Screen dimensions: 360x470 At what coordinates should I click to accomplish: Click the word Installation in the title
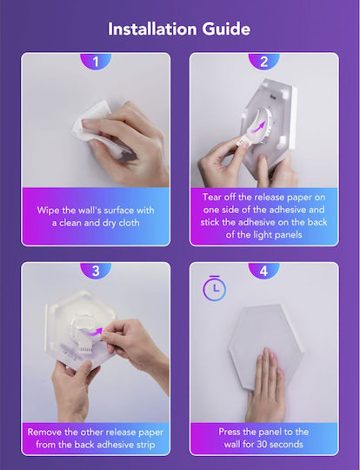click(152, 29)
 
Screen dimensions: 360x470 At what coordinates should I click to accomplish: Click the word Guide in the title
click(226, 29)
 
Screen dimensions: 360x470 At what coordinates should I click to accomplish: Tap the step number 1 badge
click(96, 61)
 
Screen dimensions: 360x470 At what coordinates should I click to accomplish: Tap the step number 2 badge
click(263, 61)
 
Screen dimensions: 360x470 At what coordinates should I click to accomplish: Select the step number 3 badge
click(96, 271)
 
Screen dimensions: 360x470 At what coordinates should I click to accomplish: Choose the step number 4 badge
click(263, 271)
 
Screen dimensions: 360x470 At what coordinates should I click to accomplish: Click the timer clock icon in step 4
click(215, 288)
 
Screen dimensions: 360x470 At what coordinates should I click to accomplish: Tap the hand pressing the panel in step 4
click(266, 386)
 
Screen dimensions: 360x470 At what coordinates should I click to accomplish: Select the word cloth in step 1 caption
click(129, 223)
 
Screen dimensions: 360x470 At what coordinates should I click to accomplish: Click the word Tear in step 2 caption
click(212, 197)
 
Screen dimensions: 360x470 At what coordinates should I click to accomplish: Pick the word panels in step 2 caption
click(288, 234)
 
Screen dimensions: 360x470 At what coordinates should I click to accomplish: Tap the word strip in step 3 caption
click(145, 445)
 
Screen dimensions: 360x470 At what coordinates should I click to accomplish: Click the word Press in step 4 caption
click(230, 432)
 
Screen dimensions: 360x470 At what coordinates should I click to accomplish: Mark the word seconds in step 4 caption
click(287, 444)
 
